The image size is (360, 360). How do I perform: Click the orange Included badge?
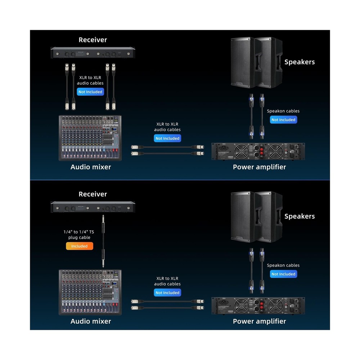[79, 246]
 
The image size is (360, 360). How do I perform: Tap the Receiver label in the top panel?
[93, 40]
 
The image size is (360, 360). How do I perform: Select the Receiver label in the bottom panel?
[93, 194]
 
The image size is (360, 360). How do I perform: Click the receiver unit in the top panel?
[93, 54]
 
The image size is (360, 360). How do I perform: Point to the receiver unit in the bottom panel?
[93, 207]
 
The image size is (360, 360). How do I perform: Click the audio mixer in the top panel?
[90, 138]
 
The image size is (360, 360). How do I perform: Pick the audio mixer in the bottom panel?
[90, 292]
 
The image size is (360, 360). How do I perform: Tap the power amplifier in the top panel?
[258, 152]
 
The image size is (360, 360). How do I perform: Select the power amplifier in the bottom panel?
[258, 306]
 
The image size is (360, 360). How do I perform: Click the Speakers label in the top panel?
[300, 62]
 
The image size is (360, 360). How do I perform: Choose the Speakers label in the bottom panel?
[300, 216]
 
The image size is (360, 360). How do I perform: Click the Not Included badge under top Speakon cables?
[283, 120]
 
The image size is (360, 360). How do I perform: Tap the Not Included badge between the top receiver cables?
[90, 92]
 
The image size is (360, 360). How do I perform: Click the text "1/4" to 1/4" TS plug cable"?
[79, 235]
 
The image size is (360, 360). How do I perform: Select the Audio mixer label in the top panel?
[91, 167]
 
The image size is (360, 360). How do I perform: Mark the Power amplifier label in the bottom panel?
[259, 321]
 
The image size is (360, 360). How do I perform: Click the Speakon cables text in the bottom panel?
[283, 265]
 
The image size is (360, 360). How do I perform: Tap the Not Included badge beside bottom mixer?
[167, 293]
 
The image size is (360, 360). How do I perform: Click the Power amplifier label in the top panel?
[259, 167]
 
